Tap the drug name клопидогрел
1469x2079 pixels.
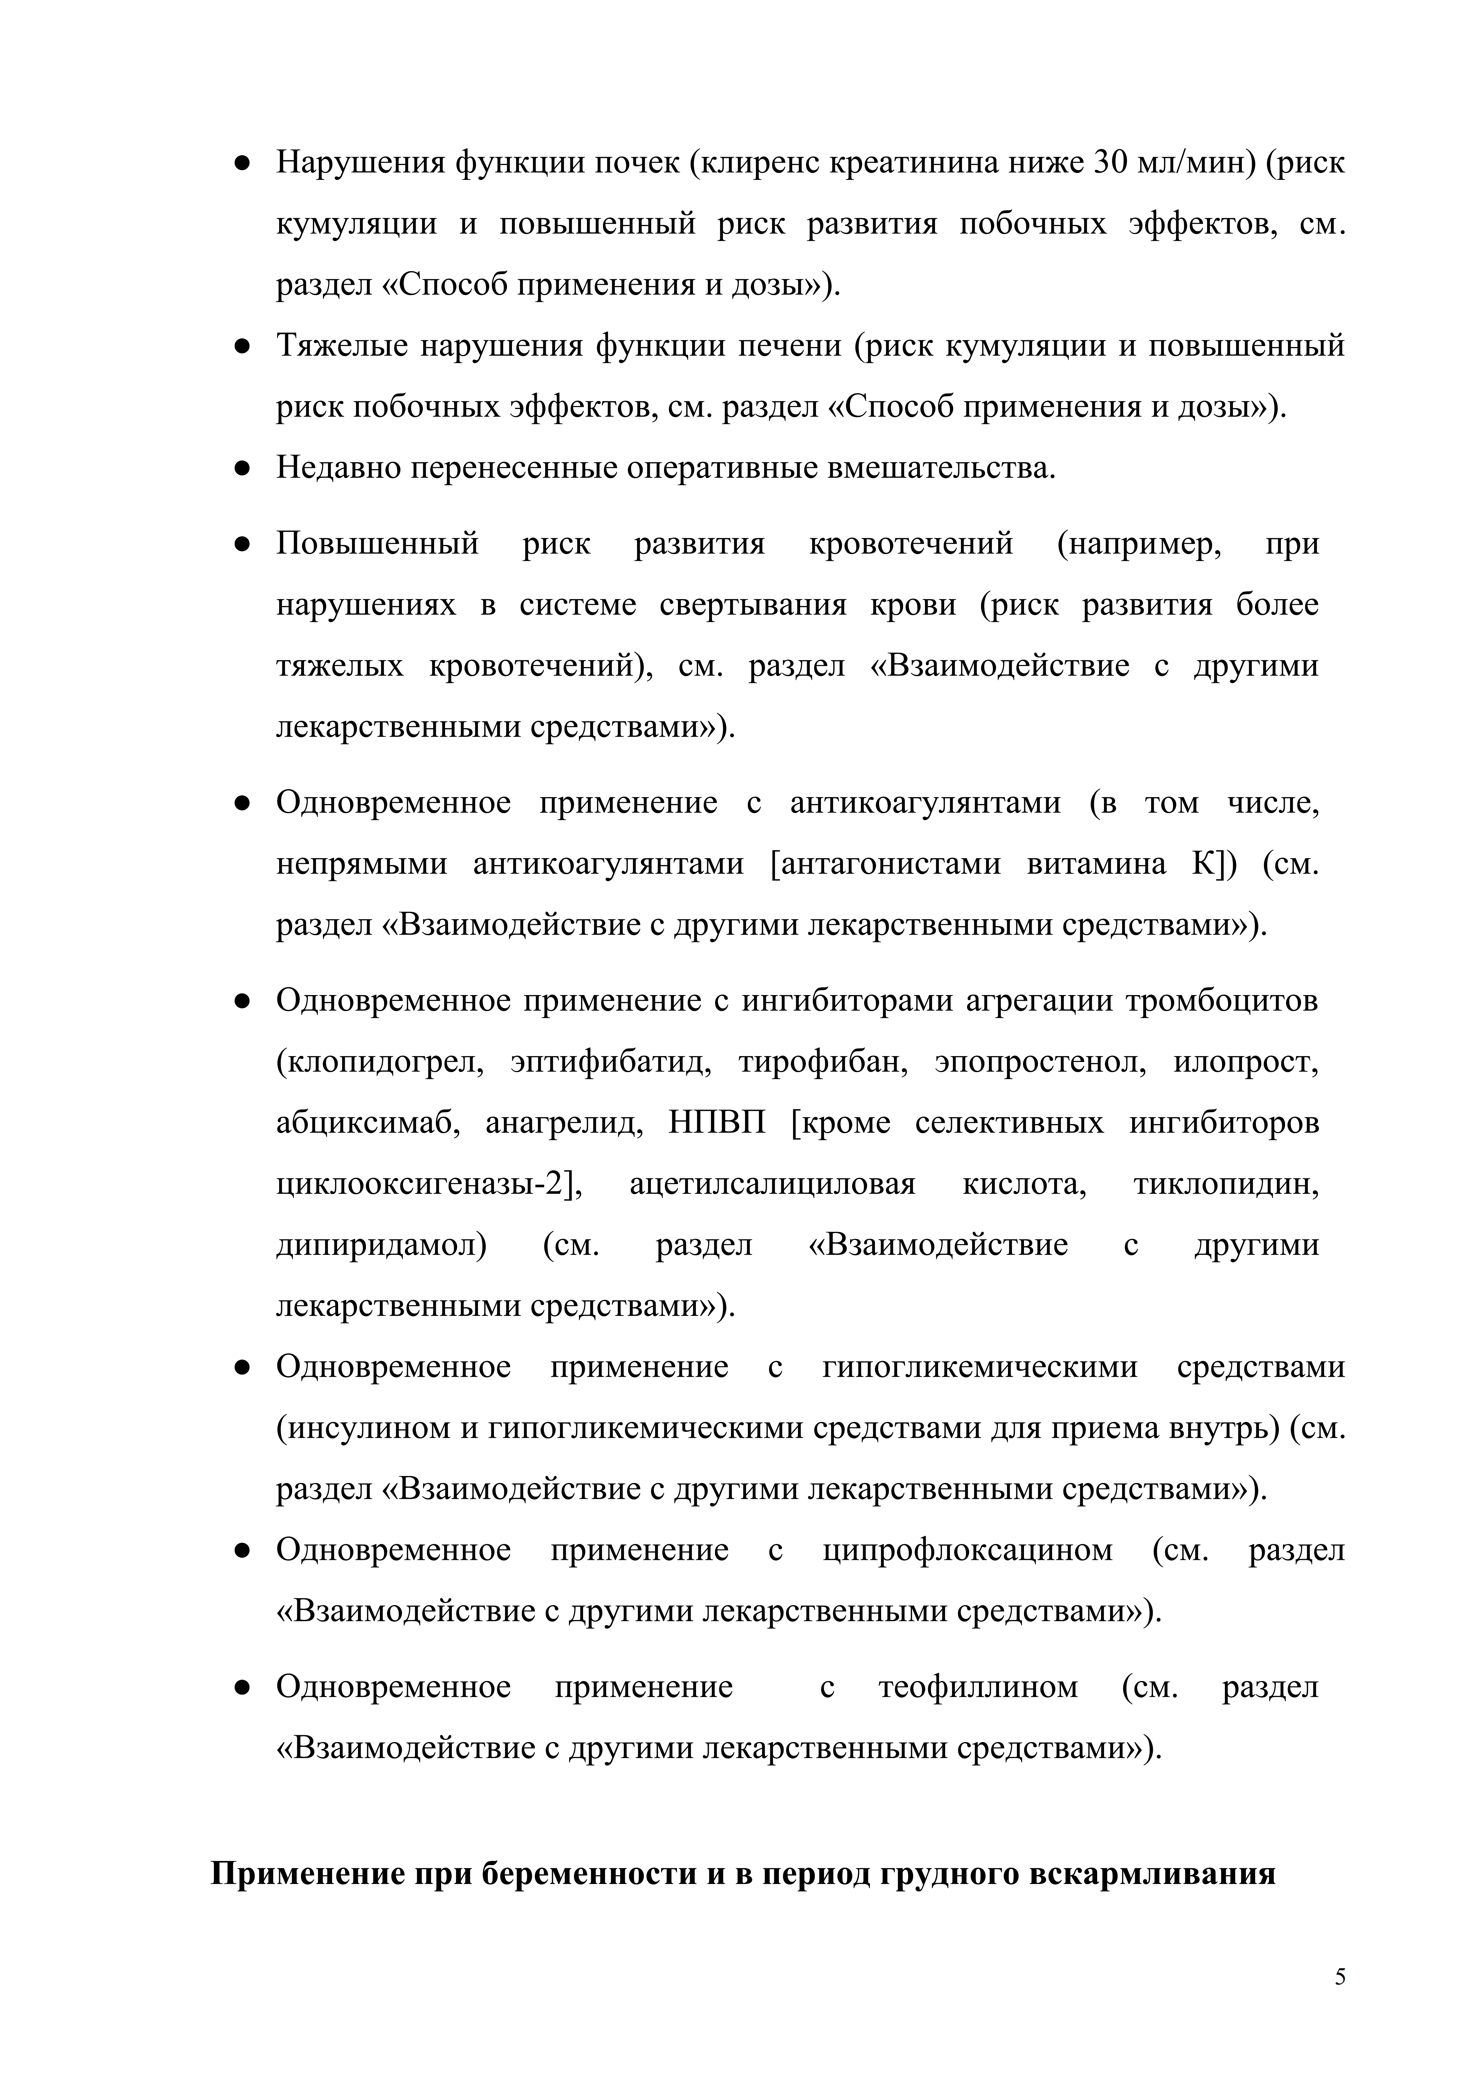pos(380,1062)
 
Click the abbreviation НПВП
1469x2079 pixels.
pos(717,1124)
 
